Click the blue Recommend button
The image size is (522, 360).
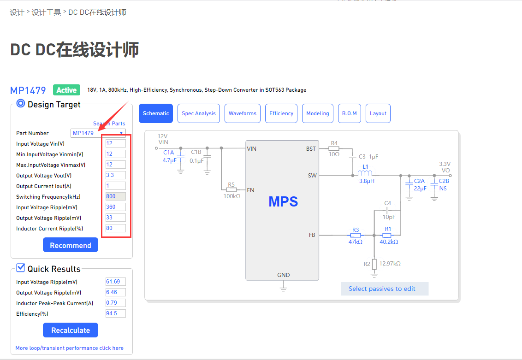click(70, 245)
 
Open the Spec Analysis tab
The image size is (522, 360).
click(198, 113)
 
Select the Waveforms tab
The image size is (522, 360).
click(242, 113)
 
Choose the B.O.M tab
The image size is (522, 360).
click(349, 113)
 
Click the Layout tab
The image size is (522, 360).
click(378, 113)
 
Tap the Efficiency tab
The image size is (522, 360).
click(281, 113)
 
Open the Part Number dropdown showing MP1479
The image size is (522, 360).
click(98, 133)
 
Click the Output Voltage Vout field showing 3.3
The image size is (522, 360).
click(115, 176)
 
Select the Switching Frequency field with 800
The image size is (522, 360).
click(115, 197)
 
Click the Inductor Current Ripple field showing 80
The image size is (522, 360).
click(115, 229)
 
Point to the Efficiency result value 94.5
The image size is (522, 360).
click(115, 314)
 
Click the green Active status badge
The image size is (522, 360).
click(66, 90)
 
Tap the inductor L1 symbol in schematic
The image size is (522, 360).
click(365, 173)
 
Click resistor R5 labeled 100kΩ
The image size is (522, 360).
click(231, 189)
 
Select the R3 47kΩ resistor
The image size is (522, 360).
click(355, 235)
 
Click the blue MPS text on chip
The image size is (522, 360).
click(283, 201)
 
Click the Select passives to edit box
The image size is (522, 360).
click(382, 289)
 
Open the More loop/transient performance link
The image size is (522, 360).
click(69, 348)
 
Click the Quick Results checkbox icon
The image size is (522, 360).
click(20, 268)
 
